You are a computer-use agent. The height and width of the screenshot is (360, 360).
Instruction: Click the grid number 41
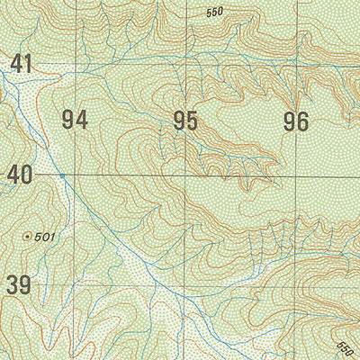coord(21,64)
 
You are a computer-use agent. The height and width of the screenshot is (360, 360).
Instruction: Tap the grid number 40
coord(21,175)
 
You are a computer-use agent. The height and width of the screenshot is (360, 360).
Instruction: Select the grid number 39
coord(19,286)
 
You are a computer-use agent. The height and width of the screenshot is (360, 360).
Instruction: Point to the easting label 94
coord(76,120)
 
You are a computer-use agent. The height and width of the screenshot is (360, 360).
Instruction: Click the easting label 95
coord(185,120)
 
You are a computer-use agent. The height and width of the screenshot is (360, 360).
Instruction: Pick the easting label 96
coord(296,120)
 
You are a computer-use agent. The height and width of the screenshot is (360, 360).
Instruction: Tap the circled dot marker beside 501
coord(27,237)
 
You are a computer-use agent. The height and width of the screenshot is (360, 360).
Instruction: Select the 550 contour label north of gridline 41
coord(214,12)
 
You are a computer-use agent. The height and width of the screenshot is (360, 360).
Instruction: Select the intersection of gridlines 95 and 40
coord(186,175)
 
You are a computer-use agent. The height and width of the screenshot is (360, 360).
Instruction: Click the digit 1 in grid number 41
coord(28,64)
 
